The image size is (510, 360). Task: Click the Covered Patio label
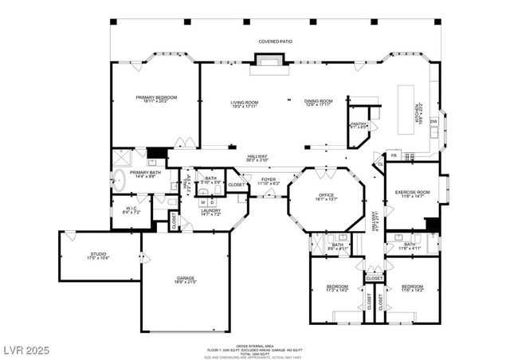(273, 41)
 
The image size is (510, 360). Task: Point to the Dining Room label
(318, 102)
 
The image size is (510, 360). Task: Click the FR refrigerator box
(393, 155)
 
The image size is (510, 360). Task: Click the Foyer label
(268, 182)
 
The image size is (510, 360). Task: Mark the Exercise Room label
(412, 194)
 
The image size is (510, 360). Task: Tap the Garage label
(186, 281)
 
